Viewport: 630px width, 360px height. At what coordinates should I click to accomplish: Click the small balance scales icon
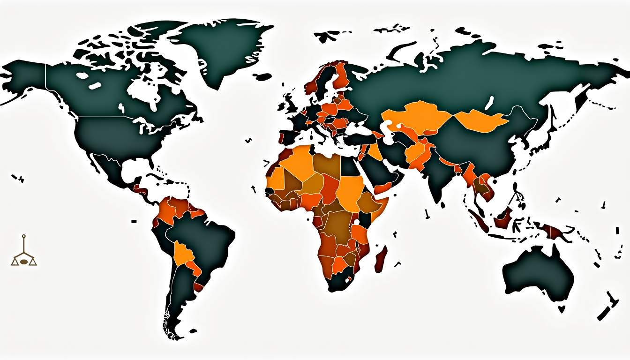24,254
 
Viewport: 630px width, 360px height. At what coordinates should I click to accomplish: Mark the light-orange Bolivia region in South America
183,254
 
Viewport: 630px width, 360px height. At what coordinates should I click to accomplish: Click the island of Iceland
263,76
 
